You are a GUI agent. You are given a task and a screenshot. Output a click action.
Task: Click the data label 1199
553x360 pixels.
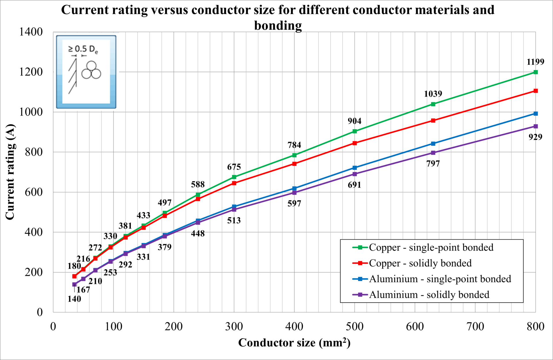(535, 62)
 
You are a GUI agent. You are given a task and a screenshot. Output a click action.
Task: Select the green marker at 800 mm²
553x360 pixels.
(536, 72)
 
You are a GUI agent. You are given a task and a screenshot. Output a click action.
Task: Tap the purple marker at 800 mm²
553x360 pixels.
(536, 126)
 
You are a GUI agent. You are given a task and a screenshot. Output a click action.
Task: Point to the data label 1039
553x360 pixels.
(433, 94)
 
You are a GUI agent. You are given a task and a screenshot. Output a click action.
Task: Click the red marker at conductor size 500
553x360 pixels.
(355, 143)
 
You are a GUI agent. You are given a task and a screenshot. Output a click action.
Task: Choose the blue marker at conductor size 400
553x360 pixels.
(294, 188)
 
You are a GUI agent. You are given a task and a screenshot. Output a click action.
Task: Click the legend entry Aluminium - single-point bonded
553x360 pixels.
(432, 279)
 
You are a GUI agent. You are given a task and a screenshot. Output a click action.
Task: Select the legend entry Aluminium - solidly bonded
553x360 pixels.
(421, 295)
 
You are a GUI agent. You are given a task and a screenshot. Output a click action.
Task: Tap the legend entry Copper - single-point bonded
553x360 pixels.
(423, 247)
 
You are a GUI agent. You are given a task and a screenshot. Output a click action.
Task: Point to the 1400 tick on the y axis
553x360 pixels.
(31, 32)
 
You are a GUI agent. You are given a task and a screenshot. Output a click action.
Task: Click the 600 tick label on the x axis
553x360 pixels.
(415, 326)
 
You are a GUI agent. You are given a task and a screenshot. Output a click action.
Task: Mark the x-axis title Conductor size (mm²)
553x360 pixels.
(294, 342)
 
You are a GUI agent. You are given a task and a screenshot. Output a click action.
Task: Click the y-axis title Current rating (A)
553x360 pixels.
(10, 172)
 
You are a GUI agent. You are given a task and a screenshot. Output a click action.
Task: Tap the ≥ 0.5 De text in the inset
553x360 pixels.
(83, 49)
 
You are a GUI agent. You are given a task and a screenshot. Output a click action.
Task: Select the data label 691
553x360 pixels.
(355, 185)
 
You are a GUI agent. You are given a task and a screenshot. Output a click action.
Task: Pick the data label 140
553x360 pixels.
(74, 299)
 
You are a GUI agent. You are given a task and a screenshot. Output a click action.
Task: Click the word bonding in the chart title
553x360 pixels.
(278, 26)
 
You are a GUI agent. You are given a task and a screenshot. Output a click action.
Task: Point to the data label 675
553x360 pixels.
(234, 167)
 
